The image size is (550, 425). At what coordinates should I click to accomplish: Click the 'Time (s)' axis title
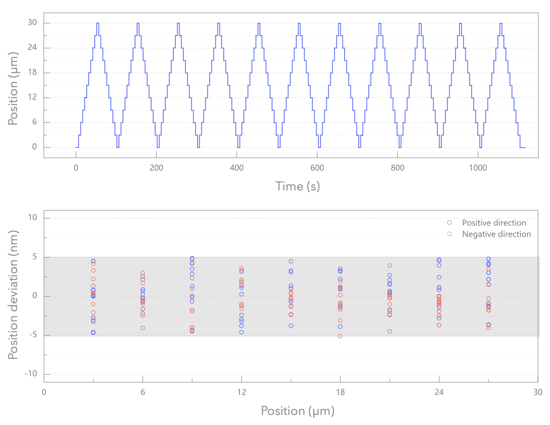pyautogui.click(x=298, y=186)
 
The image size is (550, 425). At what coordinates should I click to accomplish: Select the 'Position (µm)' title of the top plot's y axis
pyautogui.click(x=13, y=88)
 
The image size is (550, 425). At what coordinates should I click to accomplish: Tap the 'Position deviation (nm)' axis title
pyautogui.click(x=13, y=295)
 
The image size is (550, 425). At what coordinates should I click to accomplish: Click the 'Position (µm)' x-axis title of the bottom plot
pyautogui.click(x=297, y=411)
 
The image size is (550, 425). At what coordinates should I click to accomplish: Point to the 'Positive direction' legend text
pyautogui.click(x=494, y=223)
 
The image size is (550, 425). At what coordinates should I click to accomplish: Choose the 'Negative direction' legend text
pyautogui.click(x=496, y=234)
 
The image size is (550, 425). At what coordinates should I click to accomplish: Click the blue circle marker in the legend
pyautogui.click(x=449, y=222)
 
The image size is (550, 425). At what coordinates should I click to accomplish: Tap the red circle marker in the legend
pyautogui.click(x=449, y=234)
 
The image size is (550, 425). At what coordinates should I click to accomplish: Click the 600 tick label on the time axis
pyautogui.click(x=317, y=168)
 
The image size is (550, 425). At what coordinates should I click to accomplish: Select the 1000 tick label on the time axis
pyautogui.click(x=477, y=168)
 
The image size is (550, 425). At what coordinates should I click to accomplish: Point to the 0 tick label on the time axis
pyautogui.click(x=76, y=168)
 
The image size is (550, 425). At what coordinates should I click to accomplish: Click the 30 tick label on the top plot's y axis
pyautogui.click(x=32, y=22)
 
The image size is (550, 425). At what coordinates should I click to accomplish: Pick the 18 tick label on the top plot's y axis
pyautogui.click(x=32, y=72)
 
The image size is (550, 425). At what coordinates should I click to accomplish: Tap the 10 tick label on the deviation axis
pyautogui.click(x=32, y=217)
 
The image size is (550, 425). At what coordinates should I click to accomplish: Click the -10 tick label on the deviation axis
pyautogui.click(x=31, y=374)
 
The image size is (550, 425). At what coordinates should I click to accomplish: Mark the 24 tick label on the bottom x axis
pyautogui.click(x=439, y=392)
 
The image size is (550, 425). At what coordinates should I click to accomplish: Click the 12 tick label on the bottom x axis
pyautogui.click(x=242, y=392)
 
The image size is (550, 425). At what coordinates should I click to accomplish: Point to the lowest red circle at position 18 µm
pyautogui.click(x=340, y=336)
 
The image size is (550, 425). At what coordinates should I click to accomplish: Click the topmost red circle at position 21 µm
pyautogui.click(x=390, y=265)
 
